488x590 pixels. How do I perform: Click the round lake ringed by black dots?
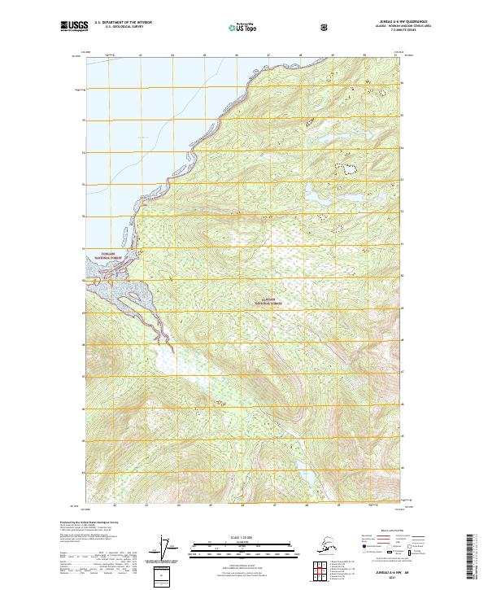tap(349, 168)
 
